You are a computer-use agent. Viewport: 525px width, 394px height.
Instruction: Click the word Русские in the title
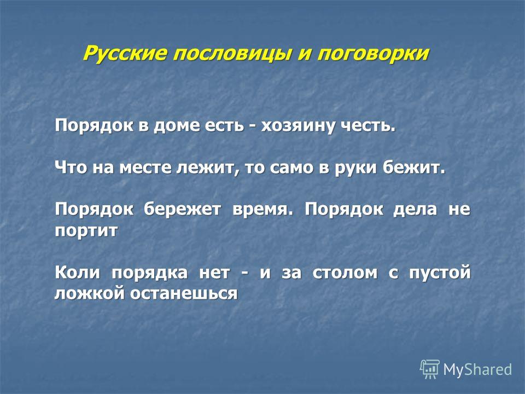[125, 53]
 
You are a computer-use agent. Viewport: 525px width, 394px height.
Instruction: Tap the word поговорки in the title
[372, 54]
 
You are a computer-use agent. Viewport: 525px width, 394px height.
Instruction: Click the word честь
[368, 126]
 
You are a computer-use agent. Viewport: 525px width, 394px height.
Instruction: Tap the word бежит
[414, 167]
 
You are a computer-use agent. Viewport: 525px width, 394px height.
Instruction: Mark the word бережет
[183, 210]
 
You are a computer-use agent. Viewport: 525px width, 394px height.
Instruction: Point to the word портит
[86, 231]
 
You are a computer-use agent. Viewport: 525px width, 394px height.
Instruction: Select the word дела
[415, 210]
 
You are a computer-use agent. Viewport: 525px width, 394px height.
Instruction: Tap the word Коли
[77, 272]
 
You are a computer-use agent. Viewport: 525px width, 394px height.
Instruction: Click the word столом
[345, 273]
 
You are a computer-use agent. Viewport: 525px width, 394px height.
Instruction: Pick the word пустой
[440, 273]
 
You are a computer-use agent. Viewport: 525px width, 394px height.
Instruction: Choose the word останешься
[184, 294]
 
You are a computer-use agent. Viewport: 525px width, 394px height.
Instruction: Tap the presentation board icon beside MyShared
[430, 369]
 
